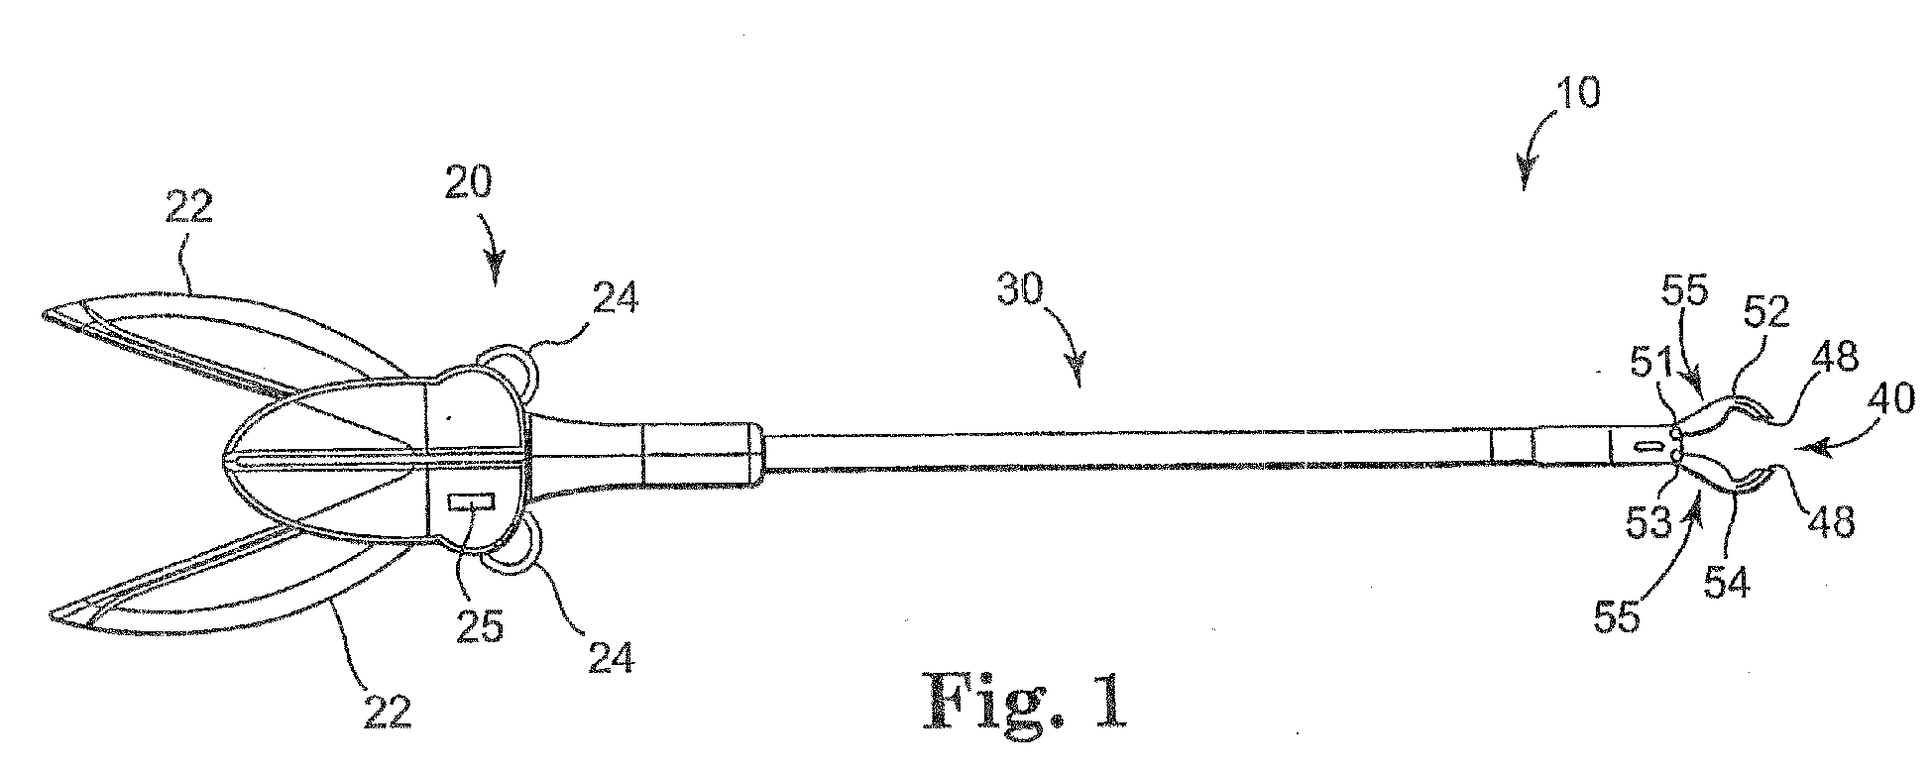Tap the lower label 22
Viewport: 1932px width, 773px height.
click(386, 712)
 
